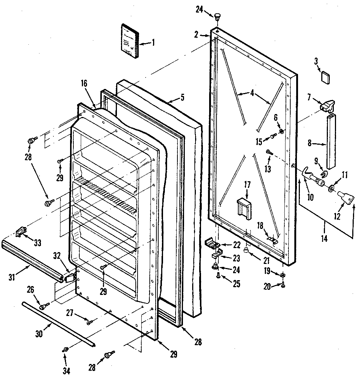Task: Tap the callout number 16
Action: (x=84, y=83)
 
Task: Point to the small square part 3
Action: (x=325, y=78)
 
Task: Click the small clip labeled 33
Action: (x=21, y=232)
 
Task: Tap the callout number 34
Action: (x=66, y=370)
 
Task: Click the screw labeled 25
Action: (x=218, y=275)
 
